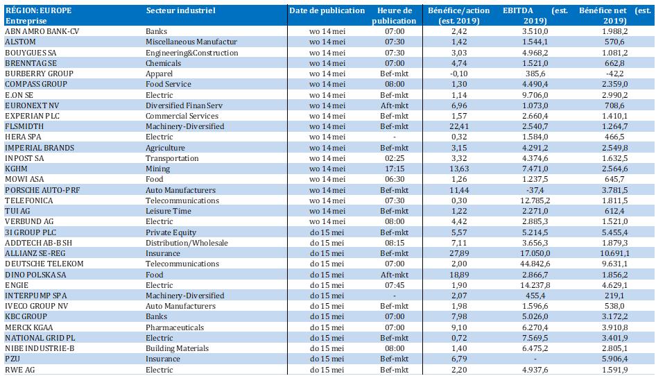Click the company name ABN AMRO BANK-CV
click(x=42, y=31)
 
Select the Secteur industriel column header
click(x=181, y=10)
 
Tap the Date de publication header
click(x=327, y=10)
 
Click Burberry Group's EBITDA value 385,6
click(x=535, y=74)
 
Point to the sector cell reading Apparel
click(x=159, y=74)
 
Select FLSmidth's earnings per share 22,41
click(x=459, y=126)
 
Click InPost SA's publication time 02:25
click(x=395, y=158)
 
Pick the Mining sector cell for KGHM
click(x=157, y=169)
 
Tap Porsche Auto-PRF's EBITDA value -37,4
click(x=535, y=190)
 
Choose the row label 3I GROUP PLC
click(x=30, y=232)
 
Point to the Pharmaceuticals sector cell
click(x=175, y=327)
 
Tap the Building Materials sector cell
click(x=177, y=348)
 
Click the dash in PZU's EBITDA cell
click(x=535, y=359)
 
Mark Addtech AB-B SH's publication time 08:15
click(x=395, y=243)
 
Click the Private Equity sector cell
click(x=171, y=232)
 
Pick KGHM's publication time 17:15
click(x=395, y=169)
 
